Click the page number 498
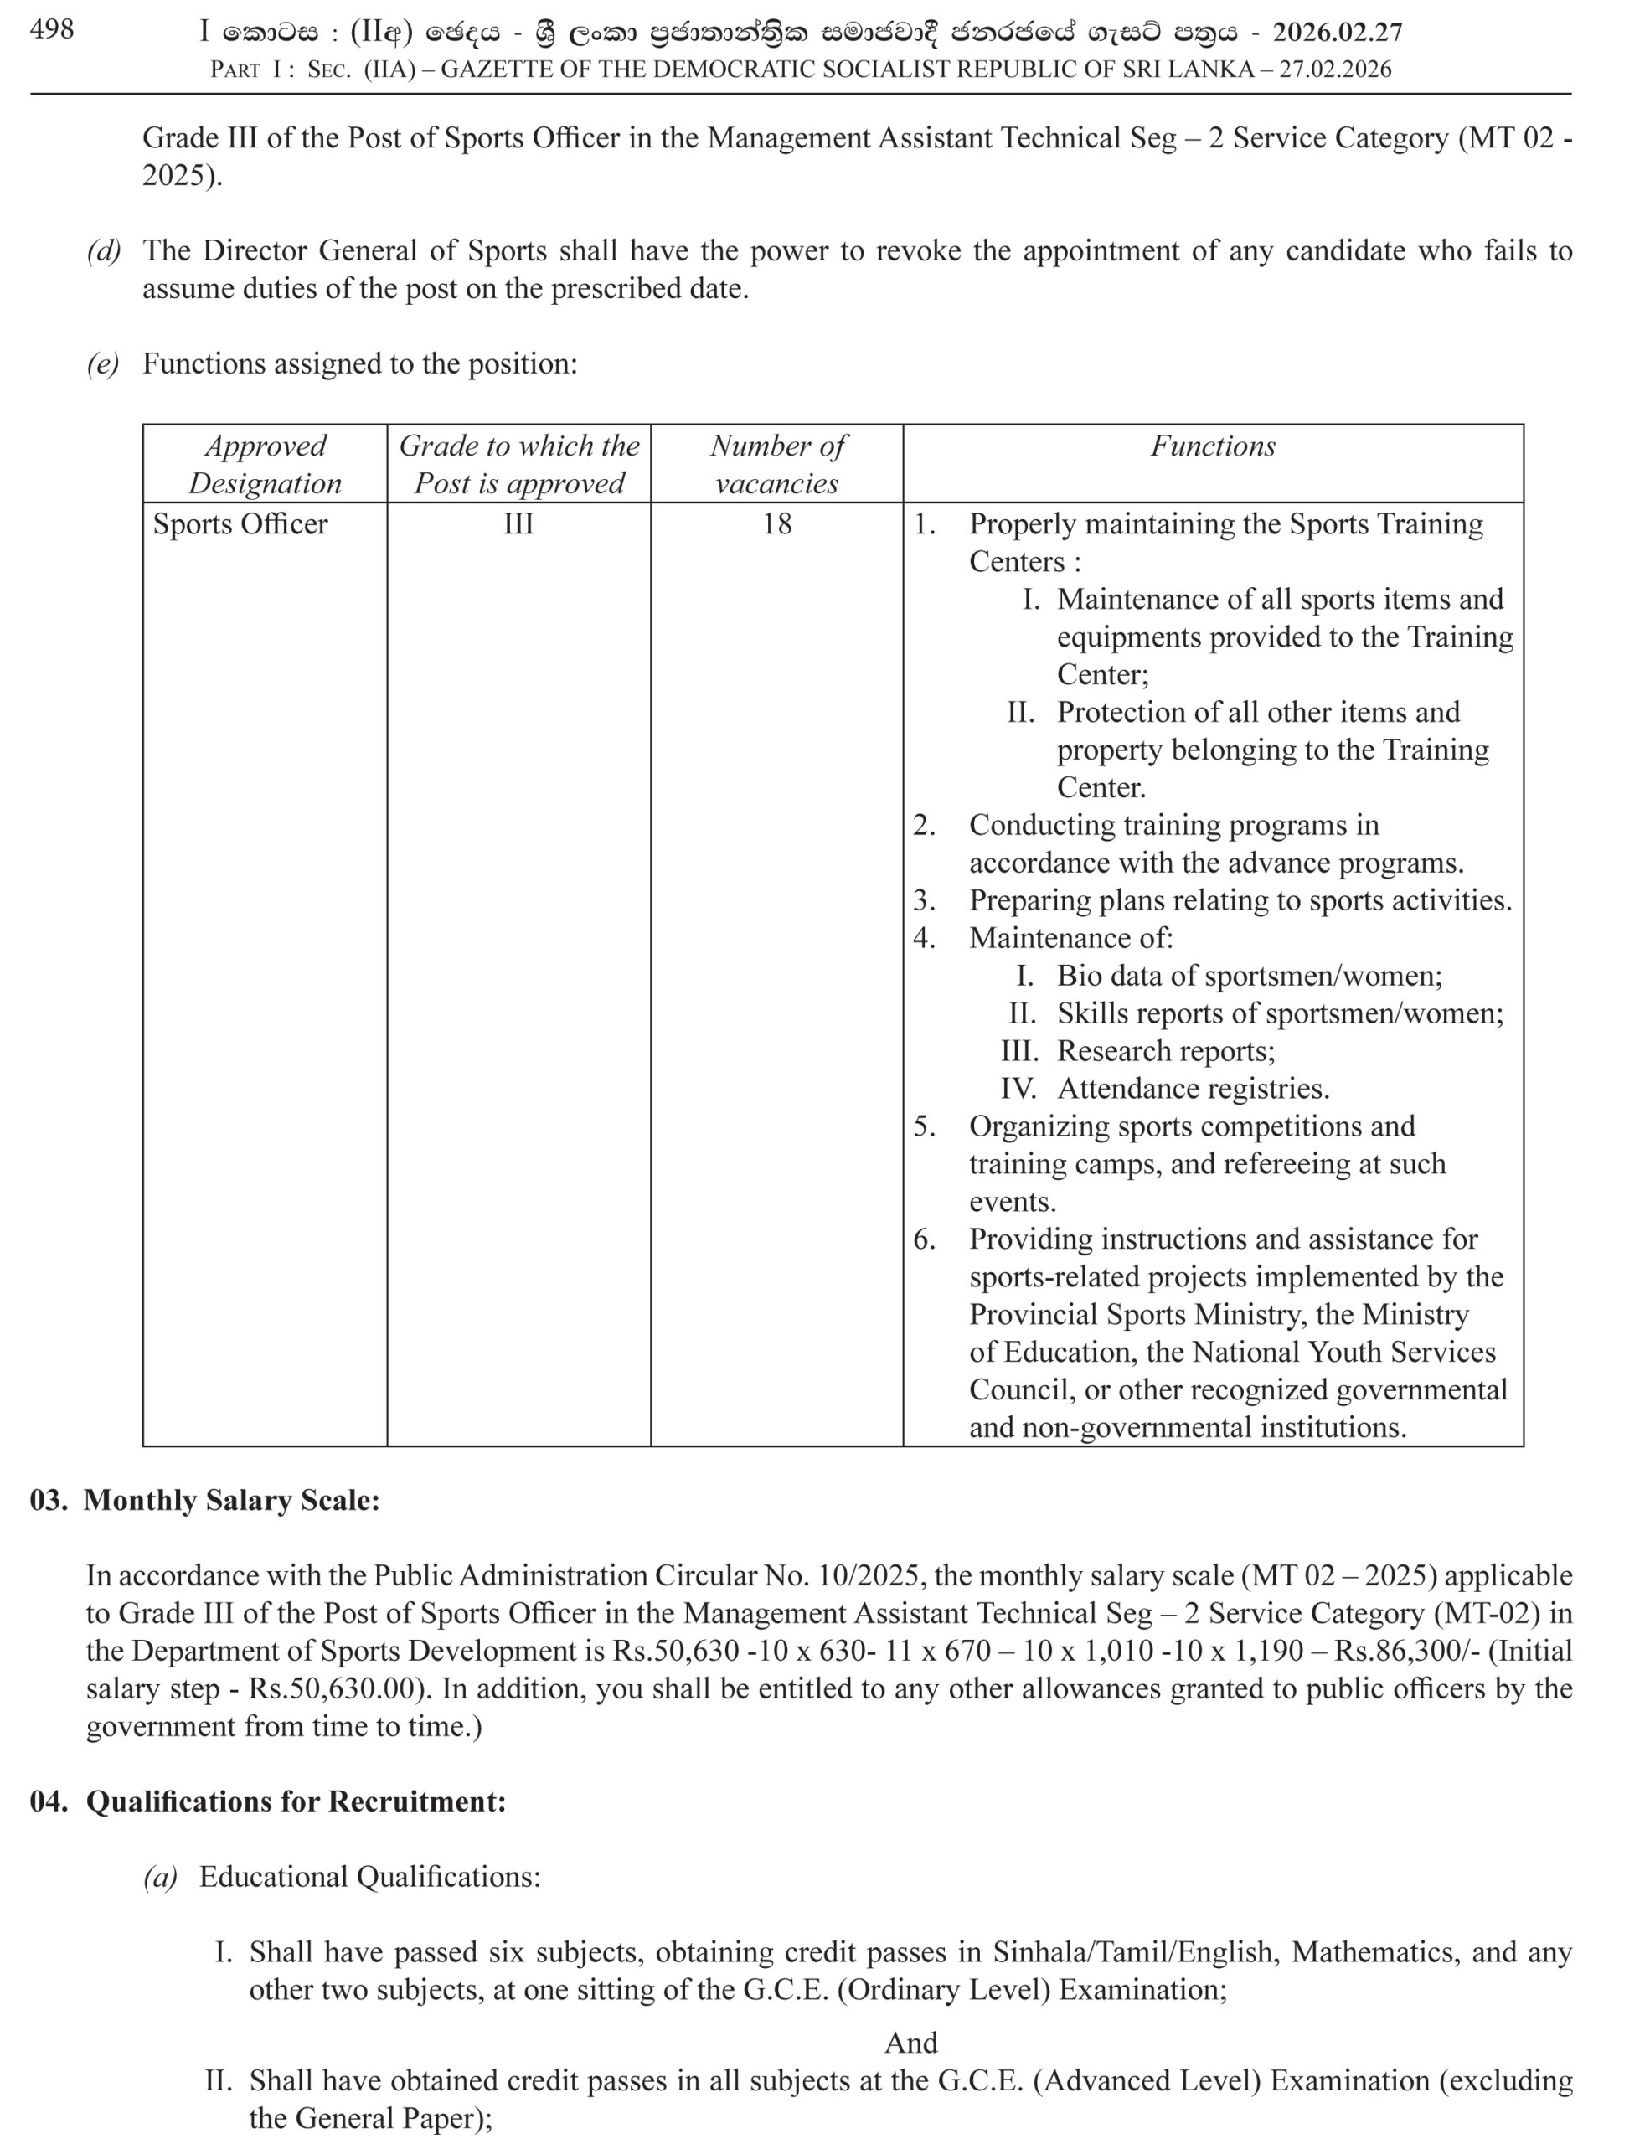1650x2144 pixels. pos(51,29)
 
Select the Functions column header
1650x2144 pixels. pos(1212,446)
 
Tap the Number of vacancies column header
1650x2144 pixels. pos(776,463)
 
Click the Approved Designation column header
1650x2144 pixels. pos(265,463)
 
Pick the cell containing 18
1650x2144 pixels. pos(776,524)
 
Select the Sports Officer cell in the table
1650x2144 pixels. pos(240,524)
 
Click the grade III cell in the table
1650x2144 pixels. pos(518,524)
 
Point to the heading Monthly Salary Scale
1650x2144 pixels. pos(230,1500)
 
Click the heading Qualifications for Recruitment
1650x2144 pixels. pos(296,1801)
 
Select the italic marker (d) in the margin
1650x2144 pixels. pos(103,251)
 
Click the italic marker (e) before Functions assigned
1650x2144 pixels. pos(103,364)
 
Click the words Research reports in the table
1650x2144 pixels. pos(1165,1051)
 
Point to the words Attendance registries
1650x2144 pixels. pos(1193,1089)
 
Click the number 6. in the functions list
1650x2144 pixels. pos(924,1239)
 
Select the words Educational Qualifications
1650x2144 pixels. pos(370,1877)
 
